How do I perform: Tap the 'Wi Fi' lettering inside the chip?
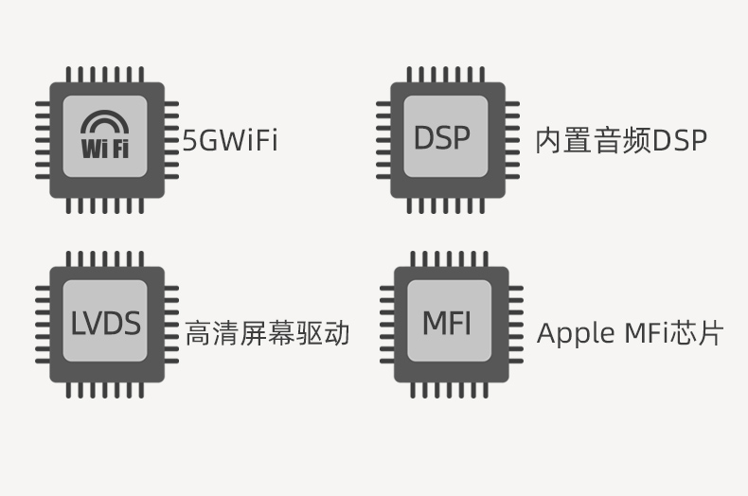click(x=105, y=149)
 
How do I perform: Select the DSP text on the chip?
click(x=441, y=138)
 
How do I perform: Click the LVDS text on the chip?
click(x=105, y=324)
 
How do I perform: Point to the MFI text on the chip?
click(x=446, y=324)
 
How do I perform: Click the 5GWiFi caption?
click(x=230, y=141)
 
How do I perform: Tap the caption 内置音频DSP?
click(x=621, y=141)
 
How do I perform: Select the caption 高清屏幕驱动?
click(x=268, y=333)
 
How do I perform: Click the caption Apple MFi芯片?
click(x=630, y=333)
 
